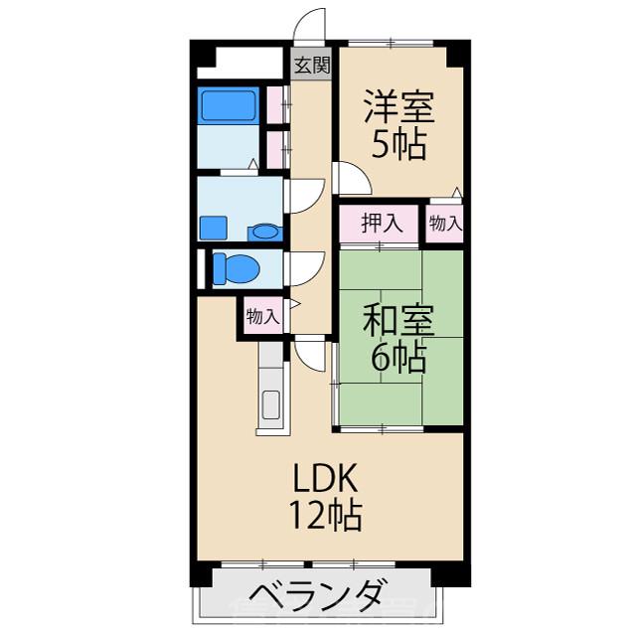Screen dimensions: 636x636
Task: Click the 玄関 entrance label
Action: click(x=312, y=66)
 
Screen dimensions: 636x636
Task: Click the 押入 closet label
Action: click(x=382, y=224)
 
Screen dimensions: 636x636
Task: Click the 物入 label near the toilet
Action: click(x=262, y=317)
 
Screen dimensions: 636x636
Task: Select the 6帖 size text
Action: click(x=398, y=358)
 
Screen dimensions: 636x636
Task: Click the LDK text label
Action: click(x=324, y=478)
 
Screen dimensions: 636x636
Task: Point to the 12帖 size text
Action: click(x=324, y=516)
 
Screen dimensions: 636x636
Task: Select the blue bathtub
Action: click(x=229, y=104)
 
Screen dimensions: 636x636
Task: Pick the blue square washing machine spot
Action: click(x=214, y=228)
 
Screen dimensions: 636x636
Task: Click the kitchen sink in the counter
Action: click(x=271, y=405)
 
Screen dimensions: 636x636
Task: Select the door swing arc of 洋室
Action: click(x=353, y=179)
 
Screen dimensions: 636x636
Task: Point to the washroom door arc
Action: click(x=306, y=195)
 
